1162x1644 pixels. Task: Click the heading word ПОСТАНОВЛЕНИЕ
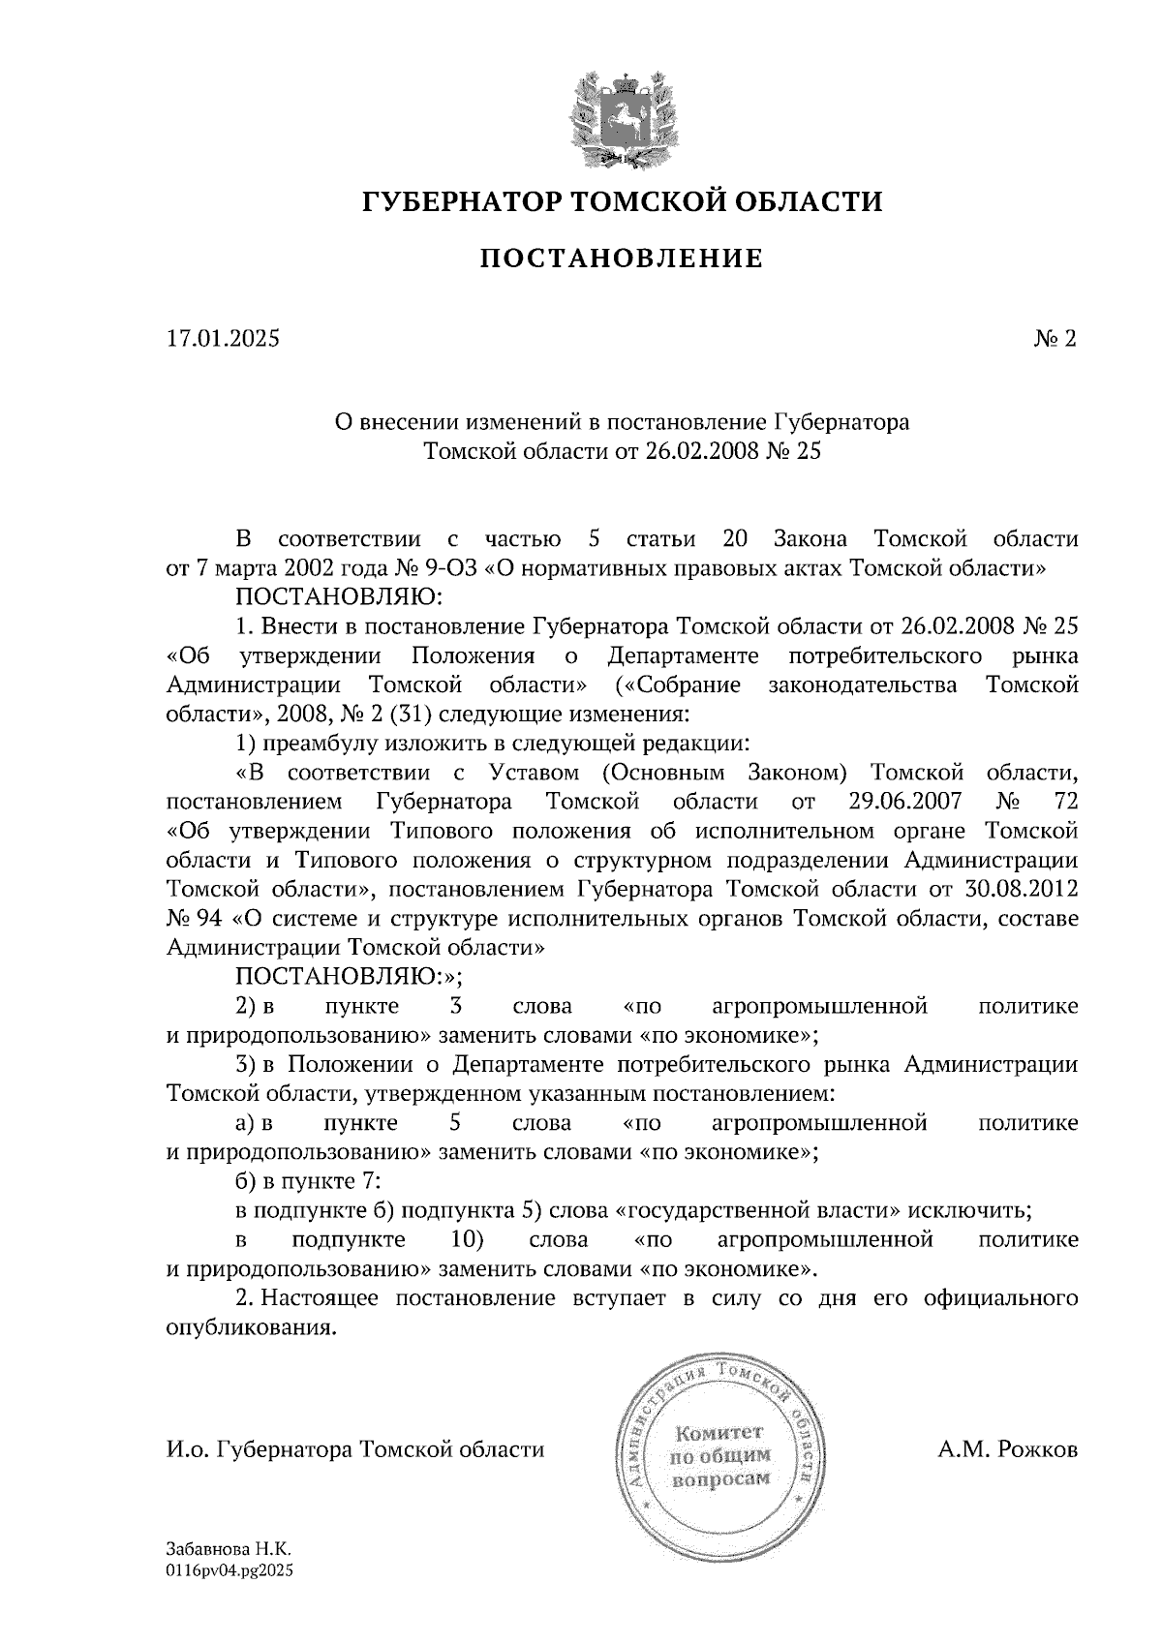(622, 259)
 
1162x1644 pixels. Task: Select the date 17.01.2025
(223, 339)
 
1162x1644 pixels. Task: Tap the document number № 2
(1056, 339)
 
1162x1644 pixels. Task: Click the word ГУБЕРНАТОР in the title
(459, 201)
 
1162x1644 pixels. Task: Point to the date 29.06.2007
(903, 802)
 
